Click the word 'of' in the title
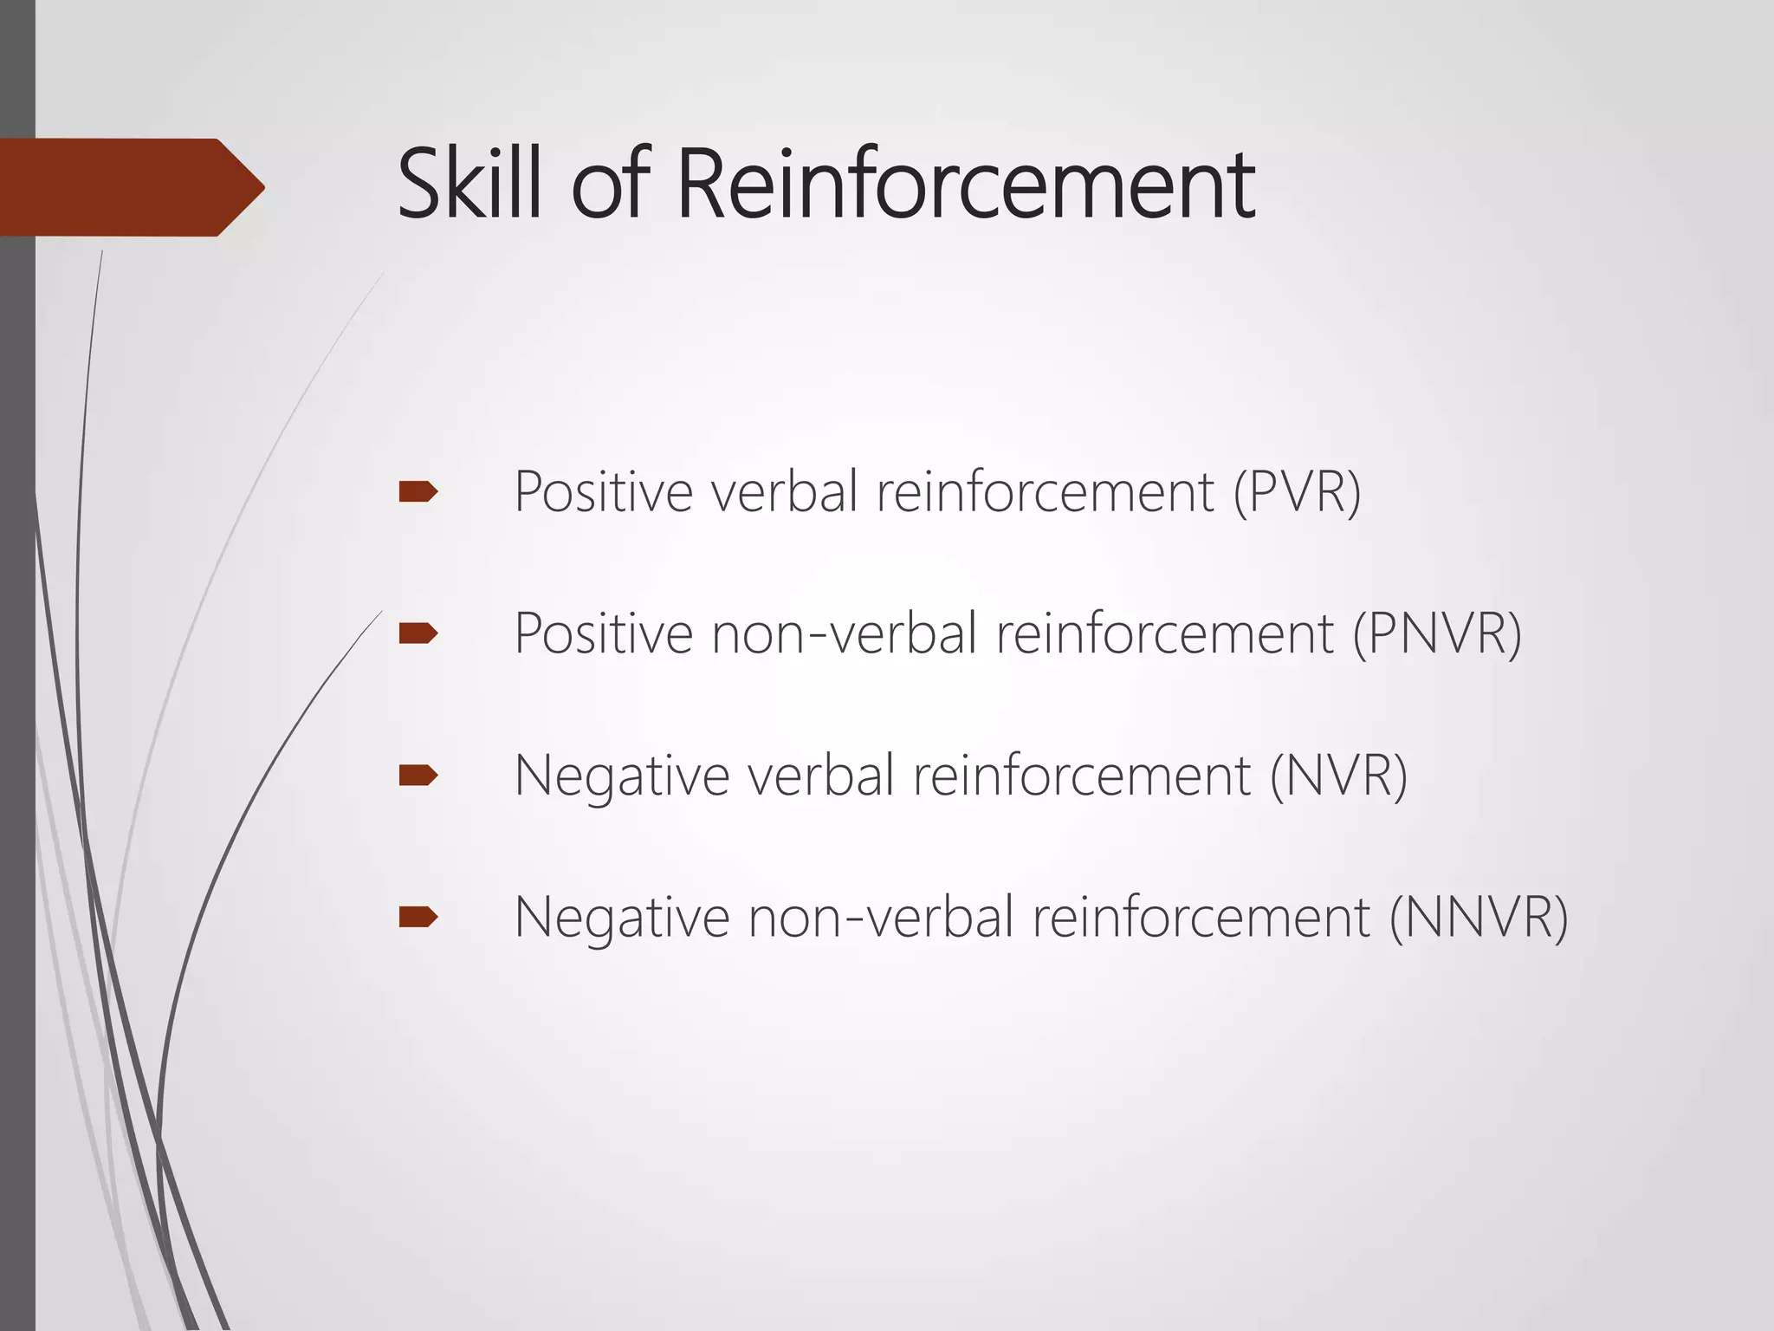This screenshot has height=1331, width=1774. [x=610, y=184]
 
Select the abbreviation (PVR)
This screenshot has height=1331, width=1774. [x=1297, y=492]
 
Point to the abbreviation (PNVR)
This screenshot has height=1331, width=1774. [x=1437, y=633]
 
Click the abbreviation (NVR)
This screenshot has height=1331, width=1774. [x=1338, y=775]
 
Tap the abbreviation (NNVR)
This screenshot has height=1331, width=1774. [x=1479, y=917]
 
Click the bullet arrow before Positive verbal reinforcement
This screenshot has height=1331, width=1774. [x=418, y=492]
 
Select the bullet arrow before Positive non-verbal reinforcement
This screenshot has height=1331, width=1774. [x=418, y=634]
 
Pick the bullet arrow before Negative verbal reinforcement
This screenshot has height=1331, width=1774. [x=418, y=775]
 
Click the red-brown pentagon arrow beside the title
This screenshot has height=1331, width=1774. [x=130, y=187]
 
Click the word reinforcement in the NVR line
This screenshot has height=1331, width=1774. [x=1082, y=775]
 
